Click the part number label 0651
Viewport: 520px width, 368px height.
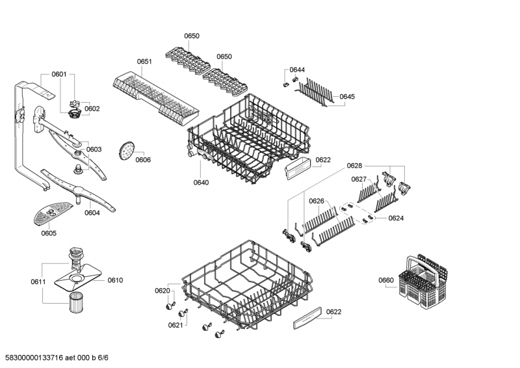144,61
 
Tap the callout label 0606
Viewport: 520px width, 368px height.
143,160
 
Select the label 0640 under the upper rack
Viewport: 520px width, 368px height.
201,183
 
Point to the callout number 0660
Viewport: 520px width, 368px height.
386,280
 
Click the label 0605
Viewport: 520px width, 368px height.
49,233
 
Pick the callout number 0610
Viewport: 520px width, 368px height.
115,280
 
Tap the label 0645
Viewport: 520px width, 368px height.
347,97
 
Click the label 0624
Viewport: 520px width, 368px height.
396,218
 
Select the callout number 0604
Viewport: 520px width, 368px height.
92,213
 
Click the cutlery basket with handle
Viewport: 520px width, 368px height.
422,282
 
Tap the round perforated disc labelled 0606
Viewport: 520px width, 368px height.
126,150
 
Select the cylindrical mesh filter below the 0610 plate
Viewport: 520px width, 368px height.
77,302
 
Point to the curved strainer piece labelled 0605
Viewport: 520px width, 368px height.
53,213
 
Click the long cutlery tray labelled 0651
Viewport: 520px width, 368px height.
156,98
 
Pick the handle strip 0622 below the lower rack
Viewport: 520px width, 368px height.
307,318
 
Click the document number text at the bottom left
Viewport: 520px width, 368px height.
55,358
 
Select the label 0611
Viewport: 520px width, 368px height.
38,282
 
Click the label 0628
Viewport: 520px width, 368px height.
354,166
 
